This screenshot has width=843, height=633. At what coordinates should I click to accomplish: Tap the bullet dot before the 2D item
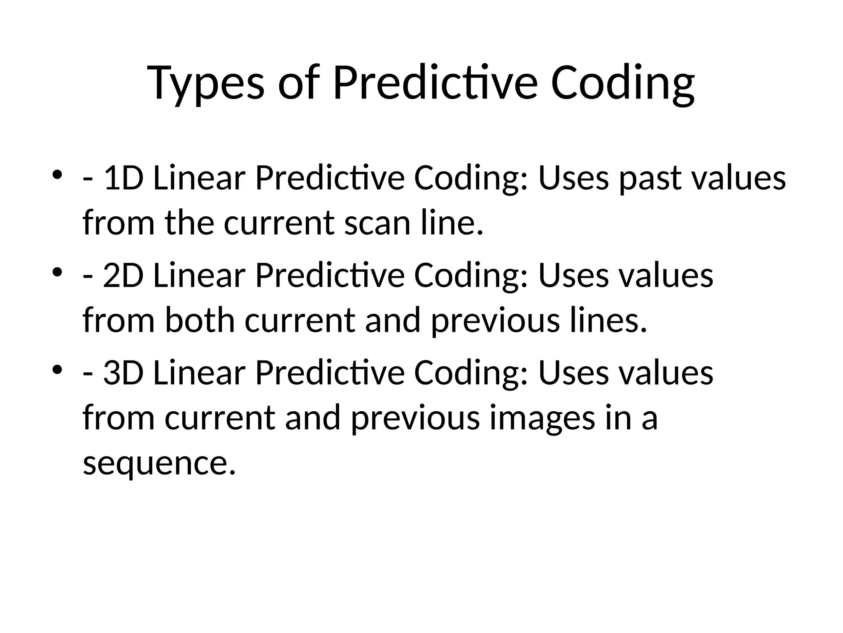(57, 272)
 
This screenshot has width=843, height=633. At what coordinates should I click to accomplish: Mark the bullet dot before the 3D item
(57, 369)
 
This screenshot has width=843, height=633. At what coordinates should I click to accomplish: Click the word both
(200, 321)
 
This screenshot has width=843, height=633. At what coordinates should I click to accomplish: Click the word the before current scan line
(189, 223)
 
